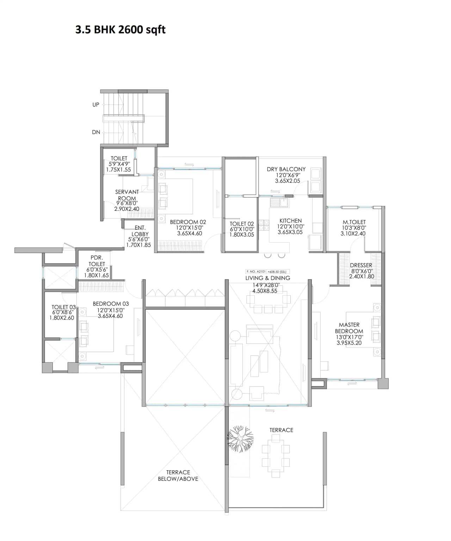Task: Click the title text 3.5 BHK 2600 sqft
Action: tap(120, 30)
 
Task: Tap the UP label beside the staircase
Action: tap(96, 105)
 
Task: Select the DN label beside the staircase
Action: tap(96, 132)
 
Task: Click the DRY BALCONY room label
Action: tap(286, 169)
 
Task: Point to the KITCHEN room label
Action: tap(290, 221)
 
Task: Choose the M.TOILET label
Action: tap(354, 222)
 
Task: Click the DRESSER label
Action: tap(361, 265)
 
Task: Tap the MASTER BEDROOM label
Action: tap(349, 328)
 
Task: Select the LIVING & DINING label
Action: tap(268, 278)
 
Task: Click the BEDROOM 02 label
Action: tap(188, 222)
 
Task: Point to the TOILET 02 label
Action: tap(242, 224)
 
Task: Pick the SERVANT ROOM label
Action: tap(127, 195)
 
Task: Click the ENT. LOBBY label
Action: tap(140, 231)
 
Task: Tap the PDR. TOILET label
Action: tap(97, 261)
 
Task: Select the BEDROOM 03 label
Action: tap(111, 304)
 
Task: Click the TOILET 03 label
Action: tap(63, 307)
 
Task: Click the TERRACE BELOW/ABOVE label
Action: tap(178, 476)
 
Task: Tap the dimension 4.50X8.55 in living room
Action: tap(265, 291)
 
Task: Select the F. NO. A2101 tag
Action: tap(256, 272)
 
